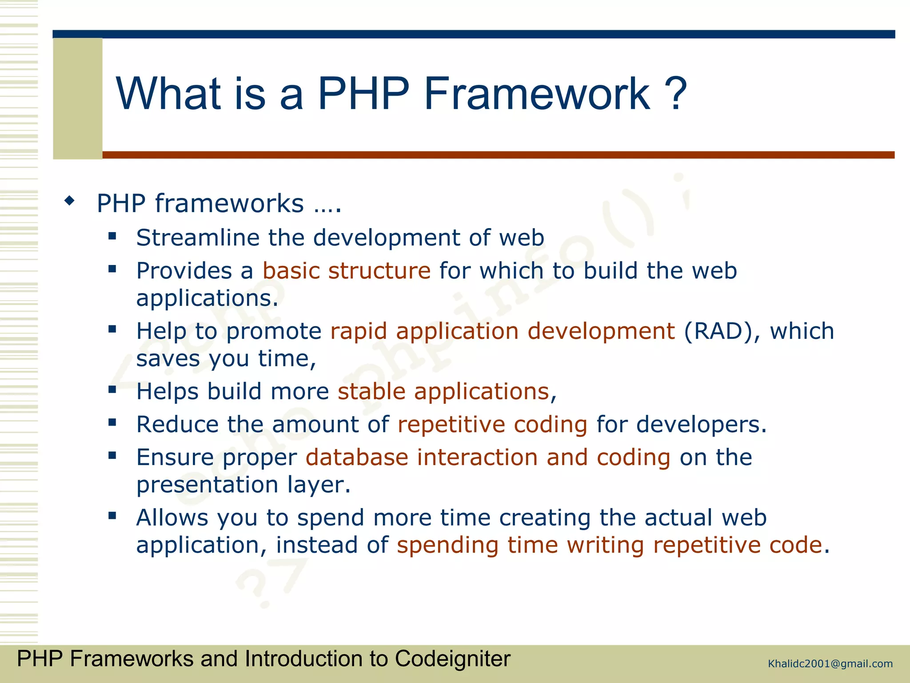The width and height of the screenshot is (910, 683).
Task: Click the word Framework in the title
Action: pyautogui.click(x=537, y=94)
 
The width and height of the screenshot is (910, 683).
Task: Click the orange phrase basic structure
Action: pyautogui.click(x=347, y=271)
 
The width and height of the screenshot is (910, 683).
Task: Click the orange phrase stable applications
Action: pyautogui.click(x=443, y=392)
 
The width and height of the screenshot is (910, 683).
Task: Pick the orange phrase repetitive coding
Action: pyautogui.click(x=492, y=425)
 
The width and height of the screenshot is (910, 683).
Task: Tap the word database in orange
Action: pyautogui.click(x=357, y=458)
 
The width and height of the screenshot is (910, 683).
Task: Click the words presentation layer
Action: pyautogui.click(x=243, y=485)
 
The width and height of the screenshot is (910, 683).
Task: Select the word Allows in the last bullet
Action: pyautogui.click(x=172, y=518)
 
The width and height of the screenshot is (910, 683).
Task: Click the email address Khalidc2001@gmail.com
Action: pyautogui.click(x=830, y=664)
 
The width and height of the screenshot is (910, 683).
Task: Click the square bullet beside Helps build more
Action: pyautogui.click(x=112, y=390)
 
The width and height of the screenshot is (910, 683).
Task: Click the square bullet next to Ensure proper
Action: pyautogui.click(x=112, y=456)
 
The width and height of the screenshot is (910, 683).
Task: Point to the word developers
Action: pyautogui.click(x=701, y=425)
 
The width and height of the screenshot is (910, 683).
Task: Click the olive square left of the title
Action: pyautogui.click(x=78, y=98)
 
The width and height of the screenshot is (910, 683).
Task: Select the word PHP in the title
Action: pyautogui.click(x=363, y=94)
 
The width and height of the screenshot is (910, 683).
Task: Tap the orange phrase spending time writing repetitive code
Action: pyautogui.click(x=609, y=546)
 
